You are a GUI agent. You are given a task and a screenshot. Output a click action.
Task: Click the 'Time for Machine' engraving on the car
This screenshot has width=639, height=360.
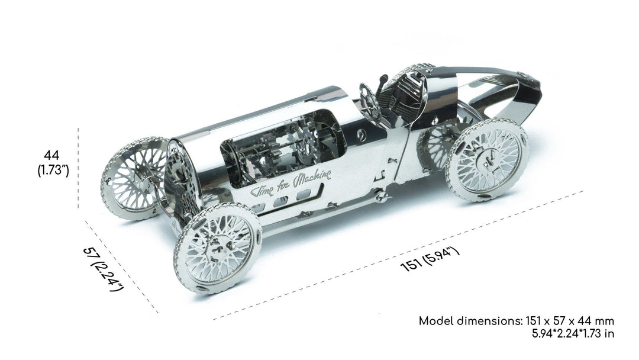291,184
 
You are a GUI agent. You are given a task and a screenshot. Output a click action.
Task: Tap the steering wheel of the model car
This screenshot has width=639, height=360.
369,99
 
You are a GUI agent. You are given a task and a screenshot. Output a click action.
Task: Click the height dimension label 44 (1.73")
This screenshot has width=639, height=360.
53,163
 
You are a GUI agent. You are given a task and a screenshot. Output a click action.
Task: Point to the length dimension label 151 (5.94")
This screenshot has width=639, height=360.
431,259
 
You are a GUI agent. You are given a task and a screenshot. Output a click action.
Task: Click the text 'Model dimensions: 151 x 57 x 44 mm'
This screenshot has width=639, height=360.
517,321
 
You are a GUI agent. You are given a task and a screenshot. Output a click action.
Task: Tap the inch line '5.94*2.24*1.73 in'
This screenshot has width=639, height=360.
573,333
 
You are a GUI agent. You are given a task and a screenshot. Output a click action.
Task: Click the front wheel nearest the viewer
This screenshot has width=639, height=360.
217,249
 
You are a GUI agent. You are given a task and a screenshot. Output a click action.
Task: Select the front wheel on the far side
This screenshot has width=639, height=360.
134,178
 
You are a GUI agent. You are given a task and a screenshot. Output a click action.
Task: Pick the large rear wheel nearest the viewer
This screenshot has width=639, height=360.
488,160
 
